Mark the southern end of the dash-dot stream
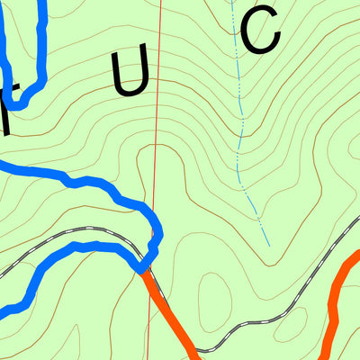tap(268, 244)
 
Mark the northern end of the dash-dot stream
tap(231, 2)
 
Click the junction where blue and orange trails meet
tap(143, 268)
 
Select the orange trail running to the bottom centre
tap(171, 315)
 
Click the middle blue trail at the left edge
tap(4, 165)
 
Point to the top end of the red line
tap(160, 2)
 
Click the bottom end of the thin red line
tap(148, 357)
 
